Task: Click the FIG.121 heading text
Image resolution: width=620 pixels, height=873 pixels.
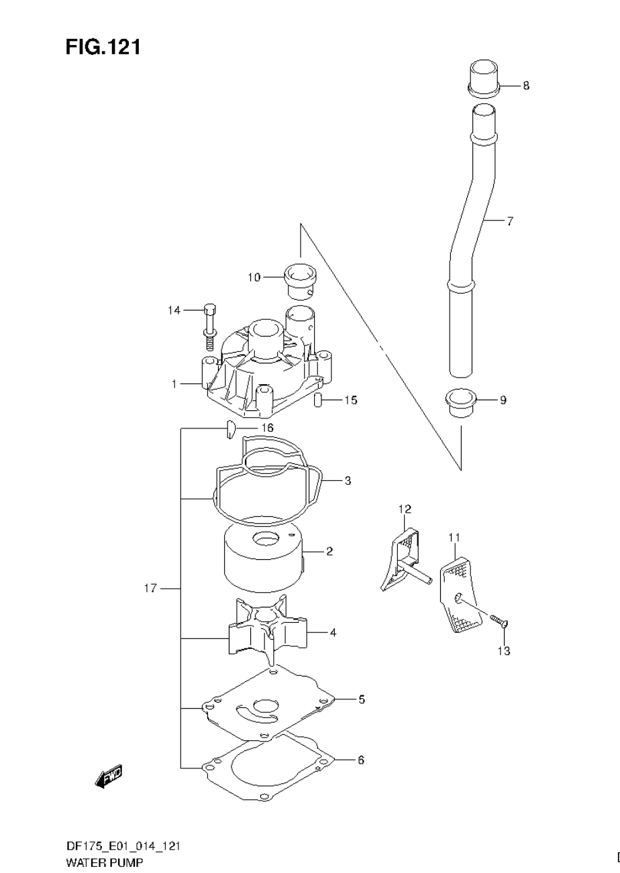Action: coord(103,47)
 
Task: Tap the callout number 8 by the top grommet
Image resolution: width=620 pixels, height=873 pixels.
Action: coord(526,86)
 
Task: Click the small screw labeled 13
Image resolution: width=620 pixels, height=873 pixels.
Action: coord(499,622)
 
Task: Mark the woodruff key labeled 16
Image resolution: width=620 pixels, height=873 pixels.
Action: coord(229,428)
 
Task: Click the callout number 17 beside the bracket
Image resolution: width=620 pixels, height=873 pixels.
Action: coord(150,589)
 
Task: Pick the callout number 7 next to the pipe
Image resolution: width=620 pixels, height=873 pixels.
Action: coord(510,221)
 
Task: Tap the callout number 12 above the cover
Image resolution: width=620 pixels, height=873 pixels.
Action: coord(405,509)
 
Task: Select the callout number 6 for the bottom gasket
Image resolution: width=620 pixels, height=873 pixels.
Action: coord(360,760)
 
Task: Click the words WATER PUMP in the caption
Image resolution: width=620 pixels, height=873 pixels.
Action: coord(104,864)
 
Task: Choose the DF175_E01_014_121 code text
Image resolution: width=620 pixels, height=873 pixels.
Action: coord(122,846)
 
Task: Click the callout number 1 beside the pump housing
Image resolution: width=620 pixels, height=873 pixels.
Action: coord(174,384)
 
